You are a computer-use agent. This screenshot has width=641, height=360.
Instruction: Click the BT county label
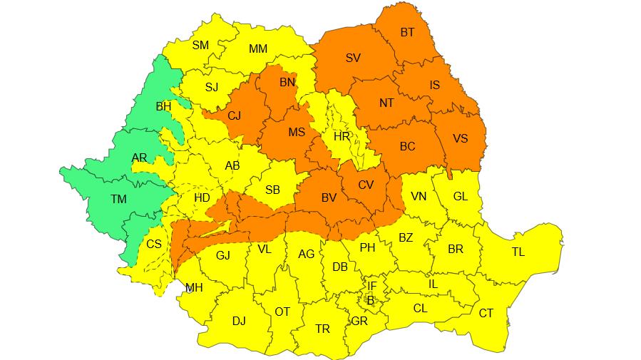(407, 33)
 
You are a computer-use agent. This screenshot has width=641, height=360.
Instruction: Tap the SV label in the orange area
(353, 58)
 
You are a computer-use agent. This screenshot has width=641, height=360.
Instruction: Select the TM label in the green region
(118, 200)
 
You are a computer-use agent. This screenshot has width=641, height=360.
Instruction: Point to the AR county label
(140, 158)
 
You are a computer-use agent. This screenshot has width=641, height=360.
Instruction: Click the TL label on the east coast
(518, 252)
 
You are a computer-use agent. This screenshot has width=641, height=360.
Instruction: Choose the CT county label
(486, 314)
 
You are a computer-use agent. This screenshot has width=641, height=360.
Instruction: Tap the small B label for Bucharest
(370, 300)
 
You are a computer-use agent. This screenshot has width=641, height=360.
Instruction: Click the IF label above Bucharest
(371, 286)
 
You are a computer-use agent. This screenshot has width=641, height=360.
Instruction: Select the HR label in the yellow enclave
(342, 136)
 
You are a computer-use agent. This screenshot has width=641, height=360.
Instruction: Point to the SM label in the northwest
(200, 46)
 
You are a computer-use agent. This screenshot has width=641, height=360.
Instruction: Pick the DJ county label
(239, 322)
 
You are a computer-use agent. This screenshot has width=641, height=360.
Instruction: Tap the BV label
(328, 197)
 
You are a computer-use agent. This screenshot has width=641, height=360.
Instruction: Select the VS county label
(460, 138)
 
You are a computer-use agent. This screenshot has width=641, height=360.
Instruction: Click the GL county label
(461, 196)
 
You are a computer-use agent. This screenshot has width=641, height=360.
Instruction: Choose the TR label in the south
(322, 329)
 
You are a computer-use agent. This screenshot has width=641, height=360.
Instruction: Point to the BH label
(163, 107)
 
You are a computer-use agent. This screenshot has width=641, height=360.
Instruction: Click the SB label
(272, 190)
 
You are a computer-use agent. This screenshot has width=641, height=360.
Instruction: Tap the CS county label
(154, 244)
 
